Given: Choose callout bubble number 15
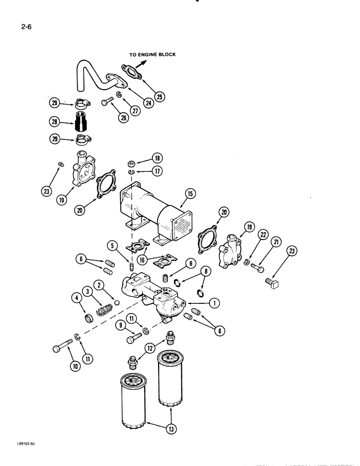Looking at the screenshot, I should click(189, 192).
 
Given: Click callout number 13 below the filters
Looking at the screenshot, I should click(171, 429).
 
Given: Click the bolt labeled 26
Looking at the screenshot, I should click(107, 102).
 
